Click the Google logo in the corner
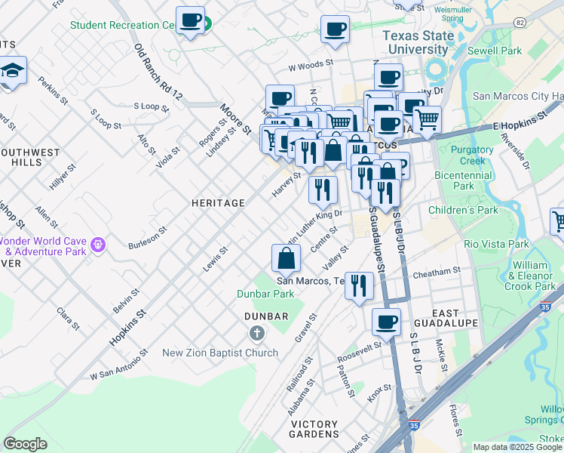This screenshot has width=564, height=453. pyautogui.click(x=26, y=444)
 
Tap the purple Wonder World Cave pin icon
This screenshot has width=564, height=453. pyautogui.click(x=97, y=245)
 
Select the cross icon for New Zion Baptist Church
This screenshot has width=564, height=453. pyautogui.click(x=256, y=333)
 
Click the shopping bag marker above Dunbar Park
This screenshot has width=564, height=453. pyautogui.click(x=287, y=260)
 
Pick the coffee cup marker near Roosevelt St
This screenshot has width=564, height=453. pyautogui.click(x=387, y=322)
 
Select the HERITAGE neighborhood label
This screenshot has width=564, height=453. pyautogui.click(x=218, y=203)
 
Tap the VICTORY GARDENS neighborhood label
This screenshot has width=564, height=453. pyautogui.click(x=314, y=428)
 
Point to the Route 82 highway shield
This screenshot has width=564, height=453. pyautogui.click(x=519, y=23)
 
